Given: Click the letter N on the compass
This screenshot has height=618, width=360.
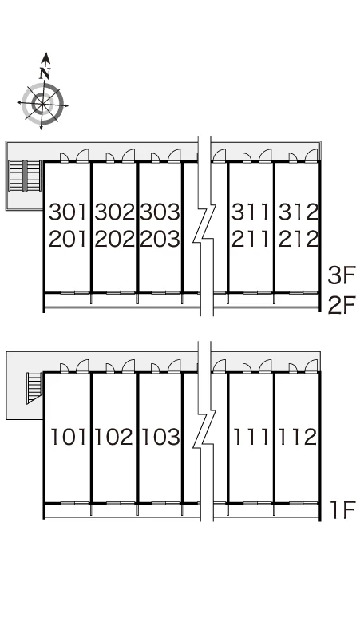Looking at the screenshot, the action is (45, 73).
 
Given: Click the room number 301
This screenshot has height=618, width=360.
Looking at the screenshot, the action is (68, 212).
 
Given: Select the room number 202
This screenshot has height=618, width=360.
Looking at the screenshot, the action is (115, 239).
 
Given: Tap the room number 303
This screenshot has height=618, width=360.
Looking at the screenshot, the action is (160, 212).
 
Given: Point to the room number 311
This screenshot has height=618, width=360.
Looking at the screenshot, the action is (251, 212).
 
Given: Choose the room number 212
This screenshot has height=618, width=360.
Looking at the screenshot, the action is (299, 239).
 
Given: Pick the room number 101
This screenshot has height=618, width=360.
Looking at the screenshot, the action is (68, 437).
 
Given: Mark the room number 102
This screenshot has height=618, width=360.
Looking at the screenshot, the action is (113, 437).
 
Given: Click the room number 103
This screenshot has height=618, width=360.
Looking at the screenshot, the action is (160, 437).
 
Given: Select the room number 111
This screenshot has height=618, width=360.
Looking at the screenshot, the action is (251, 437).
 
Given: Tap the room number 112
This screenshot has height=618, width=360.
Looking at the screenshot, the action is (298, 437).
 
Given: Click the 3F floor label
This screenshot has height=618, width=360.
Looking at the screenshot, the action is (342, 275).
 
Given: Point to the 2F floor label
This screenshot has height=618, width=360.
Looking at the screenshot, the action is (342, 305).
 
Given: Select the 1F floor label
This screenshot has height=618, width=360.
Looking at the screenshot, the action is (342, 510).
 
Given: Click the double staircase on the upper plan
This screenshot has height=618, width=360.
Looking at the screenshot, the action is (25, 176).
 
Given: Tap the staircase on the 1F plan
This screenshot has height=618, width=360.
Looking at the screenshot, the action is (34, 388).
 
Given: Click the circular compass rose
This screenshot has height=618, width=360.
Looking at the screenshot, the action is (42, 103).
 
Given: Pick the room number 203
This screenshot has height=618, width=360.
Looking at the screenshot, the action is (160, 239).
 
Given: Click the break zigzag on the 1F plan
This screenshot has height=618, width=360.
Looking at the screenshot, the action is (204, 430).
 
